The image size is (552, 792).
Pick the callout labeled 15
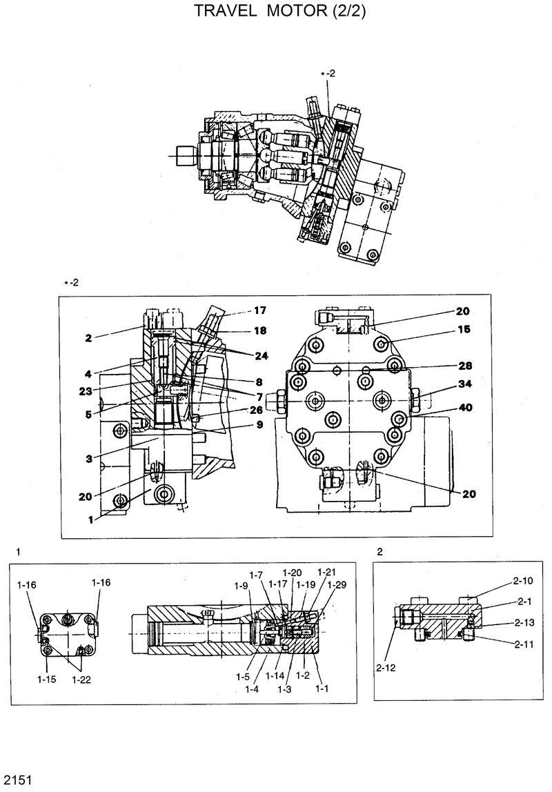[463, 330]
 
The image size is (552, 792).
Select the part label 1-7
[256, 575]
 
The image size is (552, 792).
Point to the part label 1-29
[337, 585]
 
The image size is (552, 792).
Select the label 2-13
[524, 622]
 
